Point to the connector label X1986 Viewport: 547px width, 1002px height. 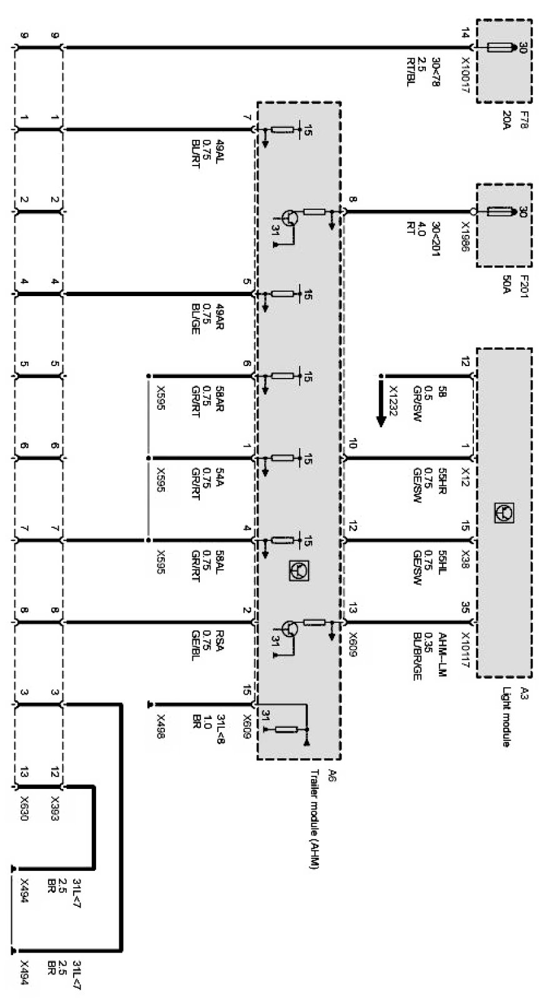click(x=465, y=236)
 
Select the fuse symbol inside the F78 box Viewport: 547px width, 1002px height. click(x=500, y=47)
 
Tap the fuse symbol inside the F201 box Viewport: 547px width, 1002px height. click(x=500, y=212)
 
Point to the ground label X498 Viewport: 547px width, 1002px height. click(x=160, y=727)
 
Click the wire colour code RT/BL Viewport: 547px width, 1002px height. click(x=410, y=72)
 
